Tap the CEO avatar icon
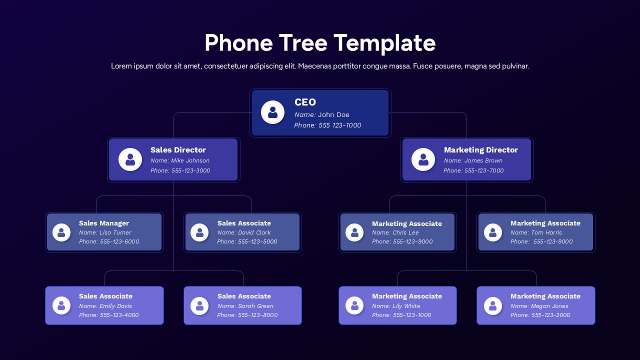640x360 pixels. [272, 112]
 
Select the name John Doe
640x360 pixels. [333, 115]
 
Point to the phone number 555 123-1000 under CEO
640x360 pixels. [339, 125]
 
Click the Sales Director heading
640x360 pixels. [178, 150]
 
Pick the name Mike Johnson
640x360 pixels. [190, 160]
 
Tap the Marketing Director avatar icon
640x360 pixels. [423, 159]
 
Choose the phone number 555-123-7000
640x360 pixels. [484, 170]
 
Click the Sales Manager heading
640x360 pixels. [104, 223]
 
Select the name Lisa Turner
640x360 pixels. [115, 232]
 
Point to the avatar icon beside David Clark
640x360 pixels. [199, 232]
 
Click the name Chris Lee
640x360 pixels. [405, 232]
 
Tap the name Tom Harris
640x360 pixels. [546, 232]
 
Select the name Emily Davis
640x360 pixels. [115, 306]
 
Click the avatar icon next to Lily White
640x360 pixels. [354, 305]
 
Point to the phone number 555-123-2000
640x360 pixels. [551, 315]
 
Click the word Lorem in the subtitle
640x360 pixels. [121, 66]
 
